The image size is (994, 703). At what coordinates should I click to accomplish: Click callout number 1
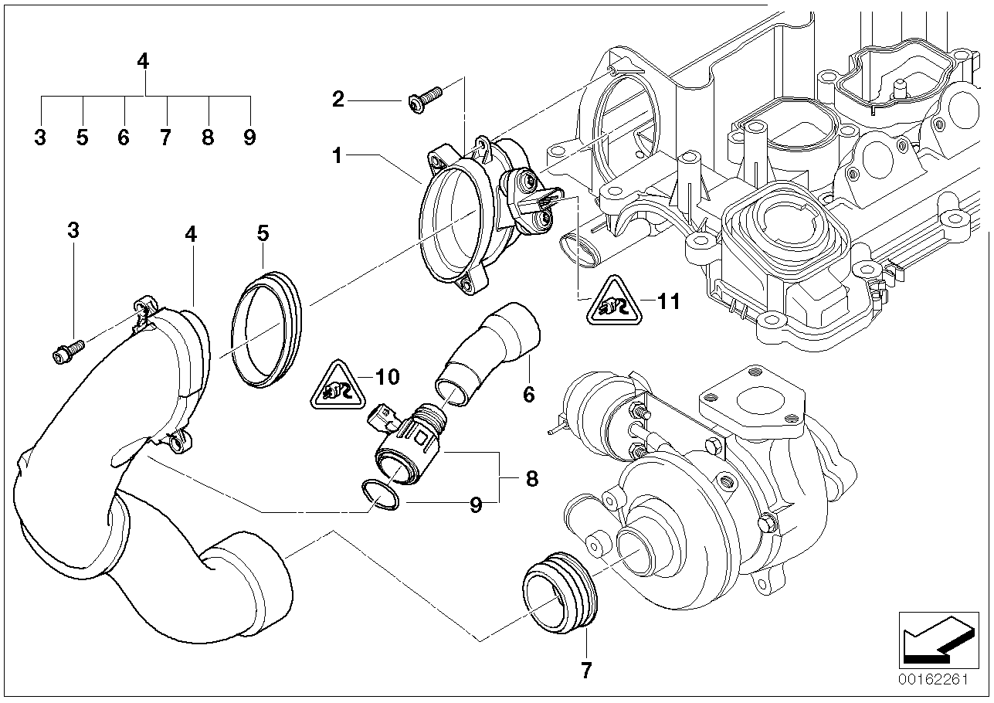click(338, 156)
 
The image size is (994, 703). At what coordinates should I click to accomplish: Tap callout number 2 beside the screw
click(338, 100)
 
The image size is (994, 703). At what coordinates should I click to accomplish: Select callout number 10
click(388, 377)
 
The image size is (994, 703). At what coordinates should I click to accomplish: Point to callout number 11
click(668, 302)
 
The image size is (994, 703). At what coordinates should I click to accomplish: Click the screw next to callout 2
click(425, 100)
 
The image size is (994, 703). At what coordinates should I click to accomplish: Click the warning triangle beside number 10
click(338, 385)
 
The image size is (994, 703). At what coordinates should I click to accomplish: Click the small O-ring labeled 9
click(380, 495)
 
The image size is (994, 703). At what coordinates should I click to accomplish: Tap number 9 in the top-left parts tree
click(249, 138)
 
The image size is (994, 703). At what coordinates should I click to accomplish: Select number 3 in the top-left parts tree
click(40, 138)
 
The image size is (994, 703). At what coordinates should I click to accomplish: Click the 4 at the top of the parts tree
click(143, 61)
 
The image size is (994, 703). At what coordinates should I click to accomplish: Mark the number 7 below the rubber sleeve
click(587, 670)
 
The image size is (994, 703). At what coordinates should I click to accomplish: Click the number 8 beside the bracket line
click(531, 479)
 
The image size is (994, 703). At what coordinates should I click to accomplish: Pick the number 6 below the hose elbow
click(529, 394)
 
